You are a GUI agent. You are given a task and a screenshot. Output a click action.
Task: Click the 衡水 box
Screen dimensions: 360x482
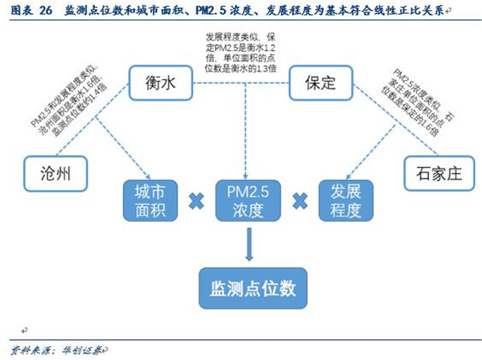tap(159, 84)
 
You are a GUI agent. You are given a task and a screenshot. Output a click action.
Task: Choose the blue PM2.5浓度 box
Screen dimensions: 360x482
tap(247, 201)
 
